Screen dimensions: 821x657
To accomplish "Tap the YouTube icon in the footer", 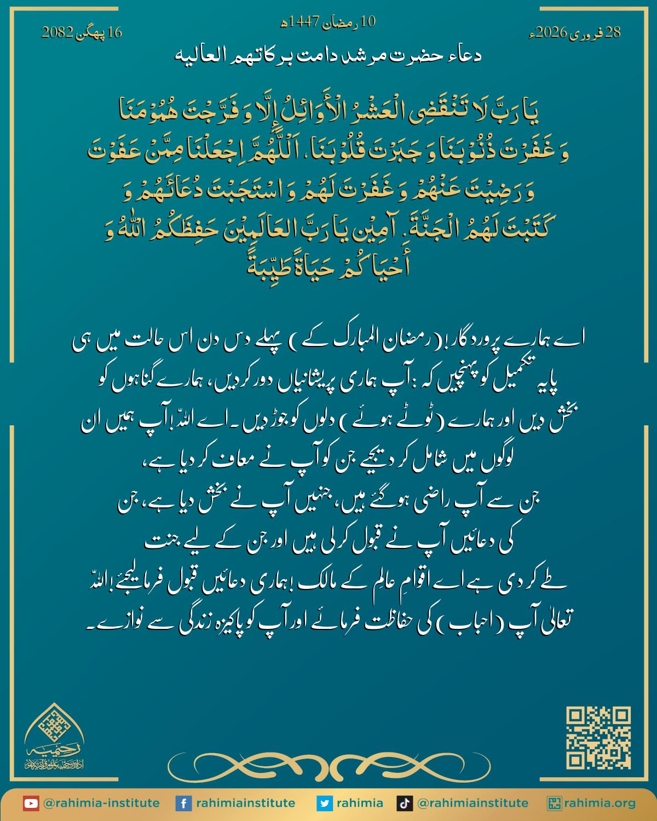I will [x=31, y=803].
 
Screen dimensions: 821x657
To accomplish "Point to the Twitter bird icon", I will [x=325, y=803].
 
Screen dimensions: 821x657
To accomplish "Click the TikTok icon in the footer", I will [x=405, y=803].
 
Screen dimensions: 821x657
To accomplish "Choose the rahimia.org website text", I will [x=601, y=803].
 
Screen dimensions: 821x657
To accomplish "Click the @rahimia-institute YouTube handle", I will [x=101, y=803].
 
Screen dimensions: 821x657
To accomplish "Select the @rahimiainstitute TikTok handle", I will [x=472, y=803].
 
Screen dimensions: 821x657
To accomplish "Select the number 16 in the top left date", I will [x=115, y=33].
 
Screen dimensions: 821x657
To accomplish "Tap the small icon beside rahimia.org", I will [x=555, y=803].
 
